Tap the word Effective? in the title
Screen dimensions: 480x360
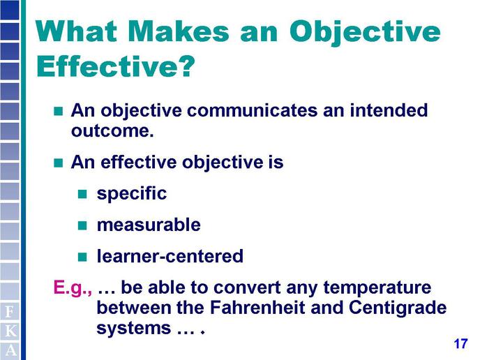116,66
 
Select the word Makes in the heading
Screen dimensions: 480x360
178,31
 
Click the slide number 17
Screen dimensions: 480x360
460,344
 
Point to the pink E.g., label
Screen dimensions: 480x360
73,288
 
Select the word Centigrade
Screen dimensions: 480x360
398,308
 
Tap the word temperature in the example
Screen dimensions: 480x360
377,288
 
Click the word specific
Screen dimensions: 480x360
132,194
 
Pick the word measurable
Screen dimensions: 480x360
149,225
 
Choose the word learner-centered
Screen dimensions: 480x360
170,255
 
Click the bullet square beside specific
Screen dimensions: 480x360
82,194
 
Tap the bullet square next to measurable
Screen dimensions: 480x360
82,225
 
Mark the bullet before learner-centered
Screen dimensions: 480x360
82,257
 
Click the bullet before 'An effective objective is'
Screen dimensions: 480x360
58,163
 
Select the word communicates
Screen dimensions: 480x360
253,110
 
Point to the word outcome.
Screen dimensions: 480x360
112,130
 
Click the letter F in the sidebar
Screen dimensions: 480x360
10,312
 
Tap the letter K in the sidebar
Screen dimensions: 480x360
10,331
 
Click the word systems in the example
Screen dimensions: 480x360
134,329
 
